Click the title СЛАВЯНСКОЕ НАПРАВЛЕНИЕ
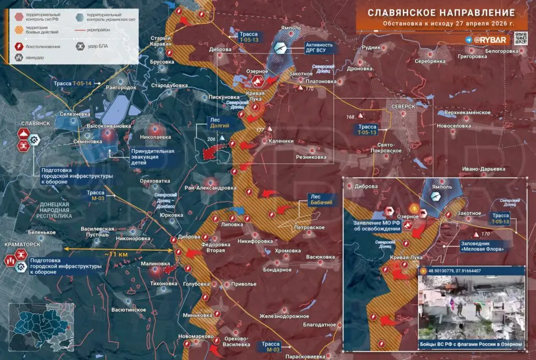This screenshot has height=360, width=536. click(x=440, y=13)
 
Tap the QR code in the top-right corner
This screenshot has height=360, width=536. click(x=520, y=40)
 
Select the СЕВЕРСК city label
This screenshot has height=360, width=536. click(x=403, y=106)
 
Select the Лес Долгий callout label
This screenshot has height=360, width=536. click(x=219, y=123)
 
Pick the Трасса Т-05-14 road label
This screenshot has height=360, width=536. click(x=72, y=83)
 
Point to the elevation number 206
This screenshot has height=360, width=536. click(x=211, y=139)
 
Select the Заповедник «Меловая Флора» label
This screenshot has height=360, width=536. click(x=483, y=246)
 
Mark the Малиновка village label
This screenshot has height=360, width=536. click(x=155, y=264)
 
